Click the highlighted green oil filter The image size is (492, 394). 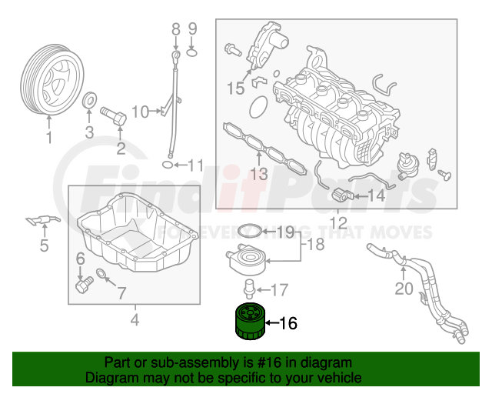251,322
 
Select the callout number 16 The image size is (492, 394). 288,323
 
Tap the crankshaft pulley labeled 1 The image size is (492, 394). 52,79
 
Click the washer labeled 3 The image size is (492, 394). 89,100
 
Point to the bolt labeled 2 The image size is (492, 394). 113,116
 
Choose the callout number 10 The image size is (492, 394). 140,112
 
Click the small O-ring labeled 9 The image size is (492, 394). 192,52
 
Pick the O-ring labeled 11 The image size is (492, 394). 168,165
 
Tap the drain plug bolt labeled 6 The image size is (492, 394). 85,285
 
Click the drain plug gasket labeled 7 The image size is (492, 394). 101,274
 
